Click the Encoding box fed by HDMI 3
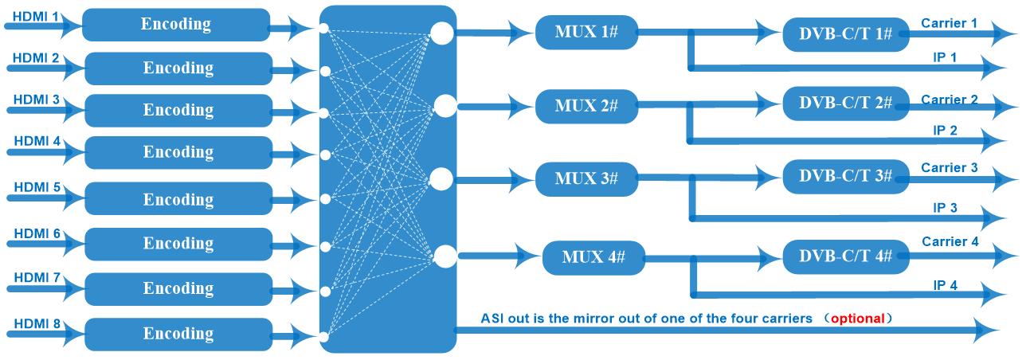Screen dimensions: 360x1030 tap(178, 110)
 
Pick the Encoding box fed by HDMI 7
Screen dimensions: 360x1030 tap(178, 288)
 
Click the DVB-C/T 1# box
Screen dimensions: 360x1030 tap(845, 33)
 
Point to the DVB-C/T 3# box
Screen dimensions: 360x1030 tap(845, 176)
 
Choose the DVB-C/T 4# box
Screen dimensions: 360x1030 tap(845, 256)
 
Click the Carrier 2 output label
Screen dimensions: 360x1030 tap(950, 100)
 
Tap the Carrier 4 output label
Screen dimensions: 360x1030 tap(950, 241)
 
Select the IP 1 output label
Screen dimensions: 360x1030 tap(946, 57)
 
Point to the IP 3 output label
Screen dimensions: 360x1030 tap(946, 207)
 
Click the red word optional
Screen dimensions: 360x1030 tap(857, 318)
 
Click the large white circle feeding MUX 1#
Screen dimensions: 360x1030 tap(441, 33)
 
